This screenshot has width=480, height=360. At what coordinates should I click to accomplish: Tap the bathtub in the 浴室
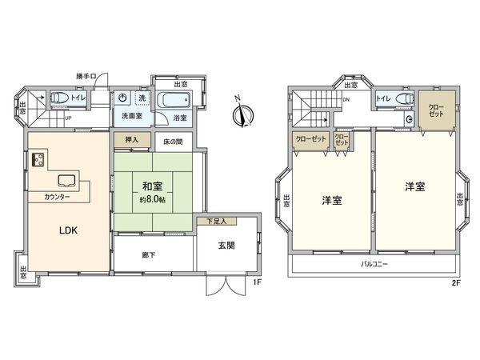coord(172,102)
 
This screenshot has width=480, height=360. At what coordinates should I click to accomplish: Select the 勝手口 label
coord(86,76)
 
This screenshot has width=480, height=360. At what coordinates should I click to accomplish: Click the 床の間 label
coord(174,142)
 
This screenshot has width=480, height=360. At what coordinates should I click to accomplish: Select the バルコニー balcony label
coord(374,263)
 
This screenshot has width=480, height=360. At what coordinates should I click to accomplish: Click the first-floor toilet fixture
coord(61,100)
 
